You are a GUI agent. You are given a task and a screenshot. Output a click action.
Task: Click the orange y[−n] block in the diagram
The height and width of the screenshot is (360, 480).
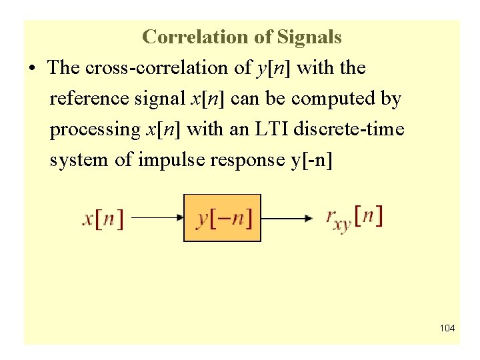[222, 217]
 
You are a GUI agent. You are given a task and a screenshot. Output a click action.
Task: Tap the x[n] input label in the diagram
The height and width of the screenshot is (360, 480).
[103, 218]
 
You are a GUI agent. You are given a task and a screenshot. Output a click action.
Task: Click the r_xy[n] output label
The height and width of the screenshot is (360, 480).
[353, 218]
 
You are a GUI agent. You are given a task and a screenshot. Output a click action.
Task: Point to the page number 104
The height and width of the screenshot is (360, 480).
[447, 329]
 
